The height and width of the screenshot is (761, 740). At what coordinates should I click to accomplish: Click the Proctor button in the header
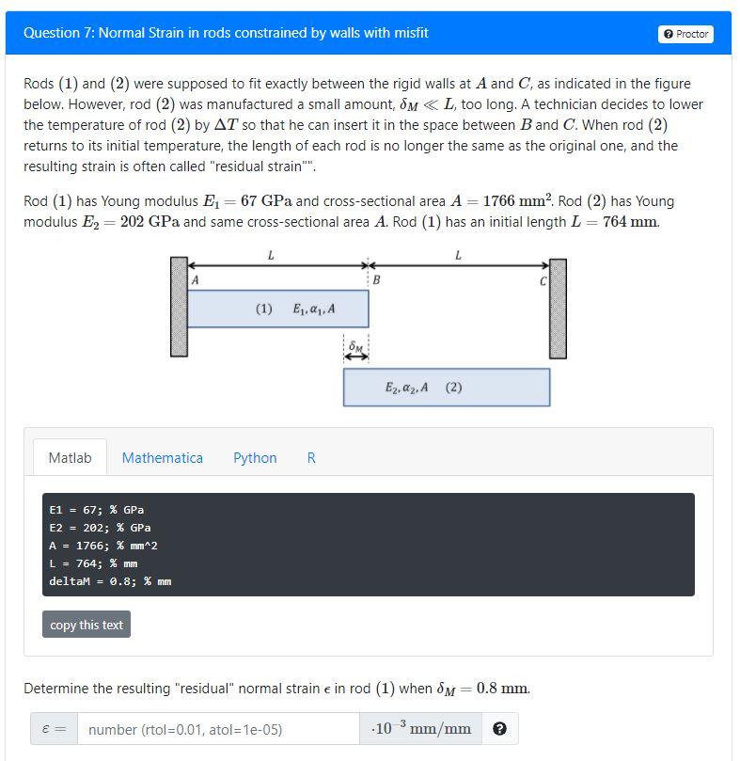pos(686,34)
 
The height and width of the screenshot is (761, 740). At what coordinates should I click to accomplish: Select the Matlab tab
pos(70,458)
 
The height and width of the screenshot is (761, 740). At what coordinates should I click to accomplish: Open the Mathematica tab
pos(162,458)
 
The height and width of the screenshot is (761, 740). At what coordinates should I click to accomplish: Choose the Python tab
pos(255,458)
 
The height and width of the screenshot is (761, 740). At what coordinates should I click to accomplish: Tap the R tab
pos(311,458)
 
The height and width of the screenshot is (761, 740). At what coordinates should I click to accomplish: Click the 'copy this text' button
pos(87,625)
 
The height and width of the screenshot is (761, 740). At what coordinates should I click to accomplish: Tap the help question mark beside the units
pos(500,729)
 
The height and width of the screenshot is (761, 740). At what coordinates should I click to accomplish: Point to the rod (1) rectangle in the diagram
pos(277,309)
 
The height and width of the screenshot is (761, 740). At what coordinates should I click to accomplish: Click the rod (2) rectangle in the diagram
pos(446,388)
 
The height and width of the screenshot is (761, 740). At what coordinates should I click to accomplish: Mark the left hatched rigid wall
pos(179,308)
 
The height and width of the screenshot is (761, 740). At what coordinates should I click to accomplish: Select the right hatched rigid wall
pos(558,308)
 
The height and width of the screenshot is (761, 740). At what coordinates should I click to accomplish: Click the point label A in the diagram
pos(195,279)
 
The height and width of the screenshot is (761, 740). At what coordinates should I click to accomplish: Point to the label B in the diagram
pos(376,279)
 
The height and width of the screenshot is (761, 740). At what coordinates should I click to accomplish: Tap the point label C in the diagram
pos(543,279)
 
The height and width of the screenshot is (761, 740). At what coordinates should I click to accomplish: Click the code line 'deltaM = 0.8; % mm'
pos(110,581)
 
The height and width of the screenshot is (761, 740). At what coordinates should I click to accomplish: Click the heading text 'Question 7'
pos(57,33)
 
